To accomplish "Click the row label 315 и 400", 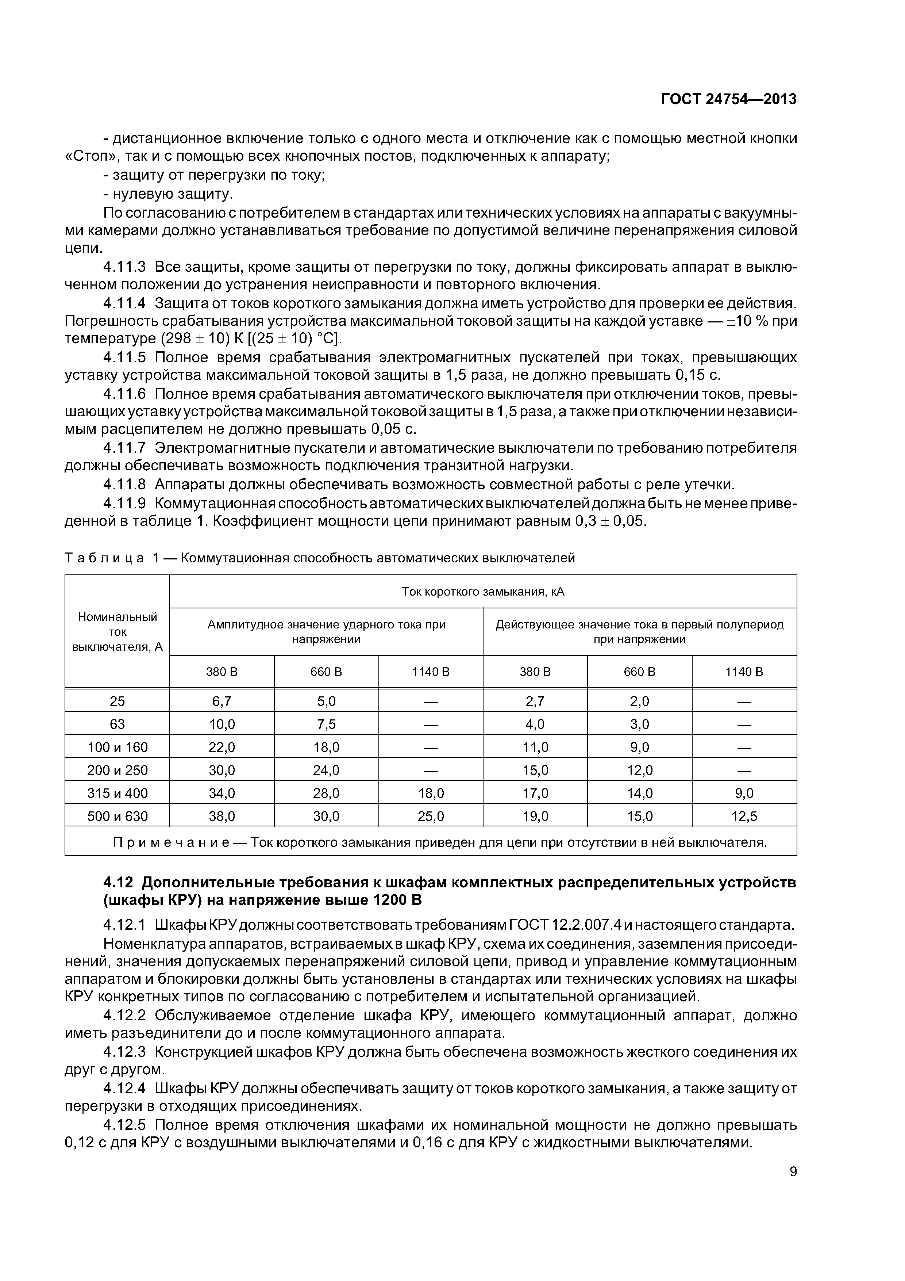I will [x=117, y=793].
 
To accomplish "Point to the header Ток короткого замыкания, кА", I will [x=483, y=592].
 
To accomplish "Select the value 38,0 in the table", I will [x=222, y=816].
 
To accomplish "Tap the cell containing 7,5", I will [x=326, y=724].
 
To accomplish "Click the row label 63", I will [x=117, y=724].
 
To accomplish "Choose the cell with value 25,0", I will [x=431, y=816].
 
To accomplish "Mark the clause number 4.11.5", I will [x=124, y=357].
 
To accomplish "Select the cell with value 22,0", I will [x=222, y=747].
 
